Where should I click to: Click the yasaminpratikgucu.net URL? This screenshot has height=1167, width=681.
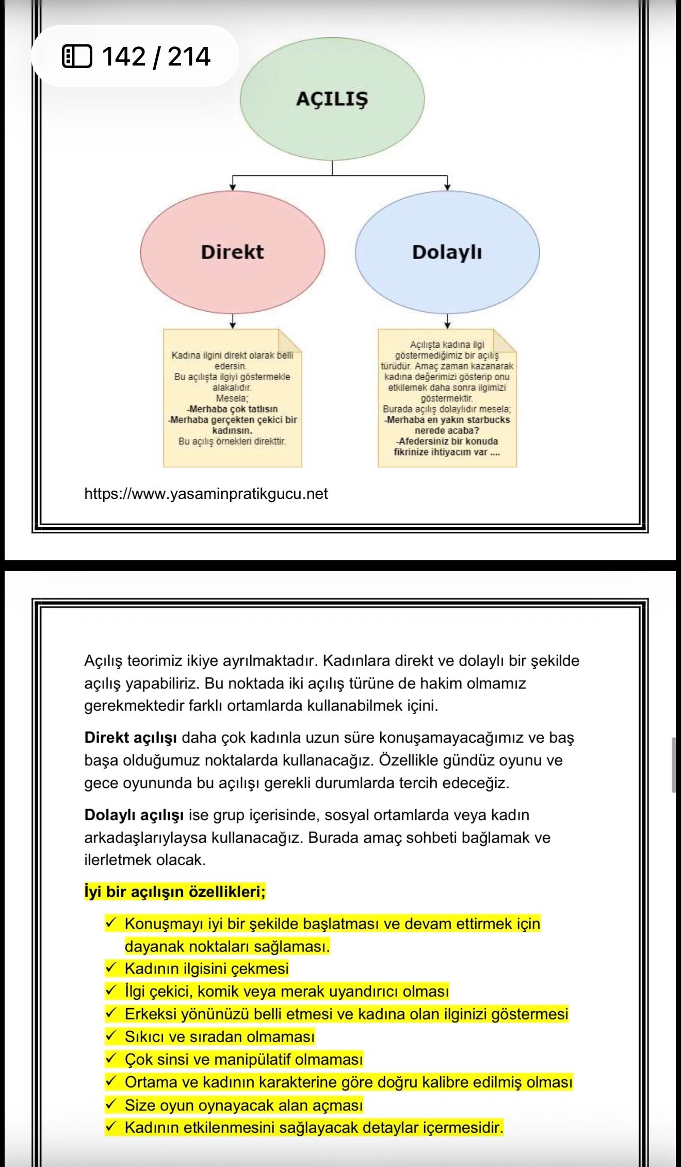tap(206, 494)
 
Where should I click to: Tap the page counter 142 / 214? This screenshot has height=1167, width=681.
tap(156, 56)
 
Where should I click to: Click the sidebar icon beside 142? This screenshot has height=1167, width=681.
tap(77, 56)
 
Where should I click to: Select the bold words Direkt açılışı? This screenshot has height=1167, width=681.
tap(131, 738)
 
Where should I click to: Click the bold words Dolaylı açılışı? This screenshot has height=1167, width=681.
tap(134, 815)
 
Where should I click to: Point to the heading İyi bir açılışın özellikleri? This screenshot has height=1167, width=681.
tap(175, 892)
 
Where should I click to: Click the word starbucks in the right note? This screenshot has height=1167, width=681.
tap(489, 420)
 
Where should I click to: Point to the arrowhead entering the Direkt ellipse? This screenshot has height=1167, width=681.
tap(233, 187)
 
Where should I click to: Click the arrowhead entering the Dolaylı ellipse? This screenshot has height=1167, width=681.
tap(447, 187)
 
